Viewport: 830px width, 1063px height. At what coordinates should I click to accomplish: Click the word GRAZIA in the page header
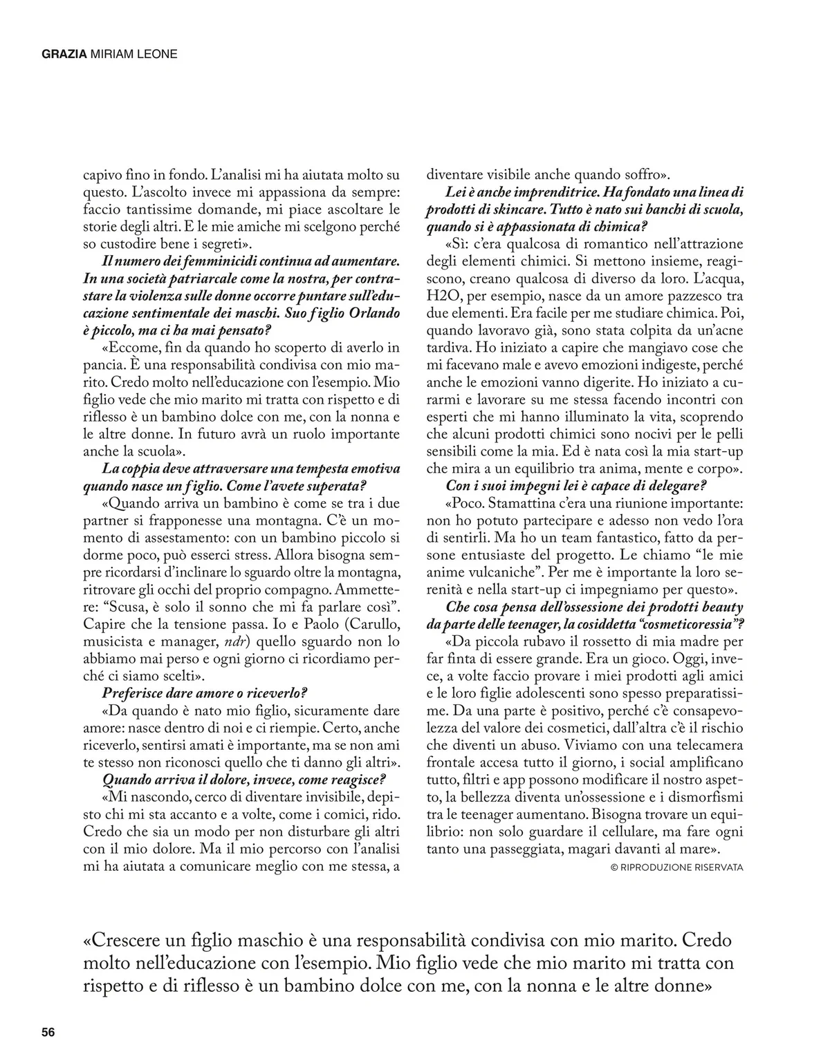[x=64, y=53]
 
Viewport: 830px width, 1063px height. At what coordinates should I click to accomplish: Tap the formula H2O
[x=443, y=295]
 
